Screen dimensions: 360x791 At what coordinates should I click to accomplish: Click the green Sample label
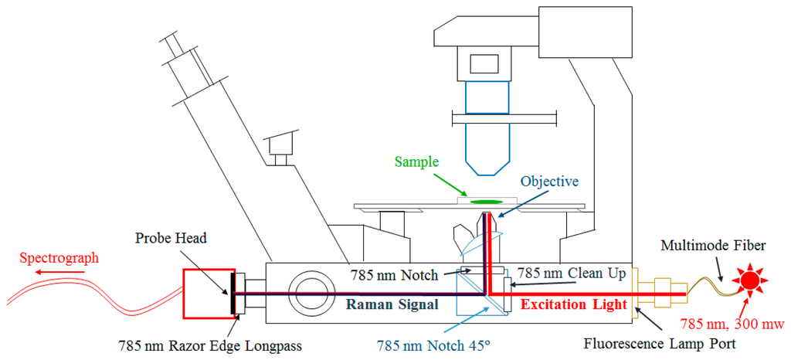coord(416,162)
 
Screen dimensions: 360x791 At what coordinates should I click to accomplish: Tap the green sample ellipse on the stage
coord(486,202)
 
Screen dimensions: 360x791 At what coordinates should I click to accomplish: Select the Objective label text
coord(551,182)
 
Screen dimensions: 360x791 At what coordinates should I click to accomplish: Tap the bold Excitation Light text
coord(573,304)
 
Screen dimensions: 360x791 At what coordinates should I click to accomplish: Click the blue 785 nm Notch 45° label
coord(433,345)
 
